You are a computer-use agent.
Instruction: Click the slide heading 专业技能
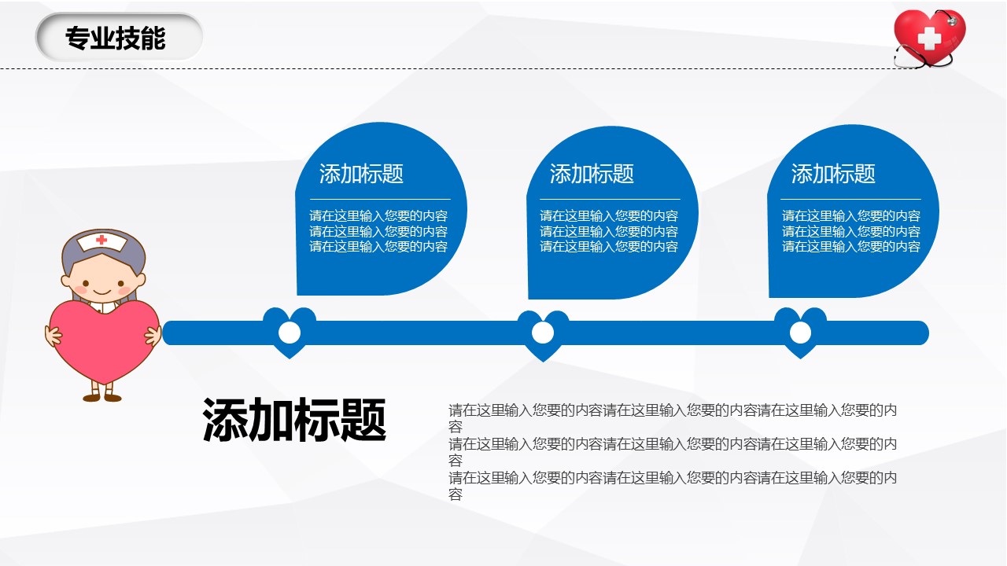tap(116, 38)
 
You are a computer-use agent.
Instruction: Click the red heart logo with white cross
tap(929, 39)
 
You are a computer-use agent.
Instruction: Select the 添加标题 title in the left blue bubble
tap(361, 174)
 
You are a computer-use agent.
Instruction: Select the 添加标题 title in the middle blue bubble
tap(592, 174)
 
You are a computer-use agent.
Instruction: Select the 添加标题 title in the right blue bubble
tap(833, 174)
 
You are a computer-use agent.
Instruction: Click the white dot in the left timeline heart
tap(290, 333)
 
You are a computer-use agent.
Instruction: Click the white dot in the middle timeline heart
tap(543, 333)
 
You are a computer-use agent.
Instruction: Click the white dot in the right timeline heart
tap(800, 333)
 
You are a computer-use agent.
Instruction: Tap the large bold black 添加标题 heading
tap(294, 420)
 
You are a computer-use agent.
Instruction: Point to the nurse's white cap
tap(102, 241)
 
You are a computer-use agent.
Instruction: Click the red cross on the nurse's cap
tap(101, 240)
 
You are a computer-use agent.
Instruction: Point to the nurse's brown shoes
tap(102, 398)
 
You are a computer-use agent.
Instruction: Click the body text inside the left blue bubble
tap(378, 231)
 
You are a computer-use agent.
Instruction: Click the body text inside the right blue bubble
tap(851, 231)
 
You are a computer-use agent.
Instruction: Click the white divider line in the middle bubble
tap(610, 199)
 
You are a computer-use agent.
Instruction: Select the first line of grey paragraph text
tap(673, 410)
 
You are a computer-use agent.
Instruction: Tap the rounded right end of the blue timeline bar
tap(921, 333)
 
